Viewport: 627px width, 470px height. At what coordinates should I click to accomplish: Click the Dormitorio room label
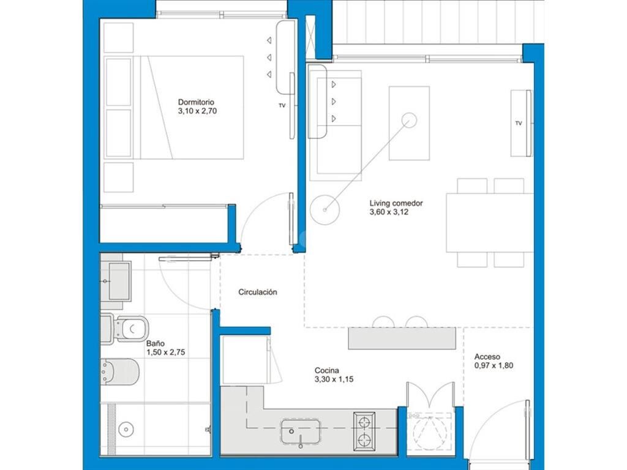[x=196, y=102]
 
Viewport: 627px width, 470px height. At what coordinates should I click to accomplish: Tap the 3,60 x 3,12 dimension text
[x=389, y=212]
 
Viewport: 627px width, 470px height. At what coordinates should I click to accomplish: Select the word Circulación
[x=258, y=292]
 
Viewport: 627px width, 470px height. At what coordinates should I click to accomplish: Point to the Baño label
[x=155, y=343]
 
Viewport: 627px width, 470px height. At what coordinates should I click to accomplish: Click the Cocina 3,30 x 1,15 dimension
[x=334, y=379]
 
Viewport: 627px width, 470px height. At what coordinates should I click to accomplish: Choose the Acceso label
[x=487, y=357]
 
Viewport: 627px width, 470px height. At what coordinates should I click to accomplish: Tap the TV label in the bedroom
[x=282, y=105]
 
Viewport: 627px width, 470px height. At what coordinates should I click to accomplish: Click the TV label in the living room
[x=519, y=123]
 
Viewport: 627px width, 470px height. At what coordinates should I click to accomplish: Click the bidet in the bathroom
[x=119, y=371]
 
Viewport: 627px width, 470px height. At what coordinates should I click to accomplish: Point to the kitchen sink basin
[x=300, y=431]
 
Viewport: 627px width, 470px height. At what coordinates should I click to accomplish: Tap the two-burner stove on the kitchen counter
[x=364, y=430]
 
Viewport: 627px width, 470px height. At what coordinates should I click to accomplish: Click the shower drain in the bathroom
[x=126, y=430]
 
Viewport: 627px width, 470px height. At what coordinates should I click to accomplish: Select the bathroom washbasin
[x=115, y=281]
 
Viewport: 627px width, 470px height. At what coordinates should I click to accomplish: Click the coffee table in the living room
[x=409, y=123]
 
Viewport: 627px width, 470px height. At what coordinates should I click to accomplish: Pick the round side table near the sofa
[x=325, y=210]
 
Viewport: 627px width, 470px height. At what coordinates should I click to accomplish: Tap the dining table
[x=490, y=223]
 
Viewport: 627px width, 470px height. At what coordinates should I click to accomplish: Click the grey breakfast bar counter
[x=402, y=338]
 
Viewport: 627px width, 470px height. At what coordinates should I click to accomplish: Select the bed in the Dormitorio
[x=174, y=108]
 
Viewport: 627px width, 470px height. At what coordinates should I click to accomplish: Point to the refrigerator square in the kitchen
[x=245, y=360]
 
